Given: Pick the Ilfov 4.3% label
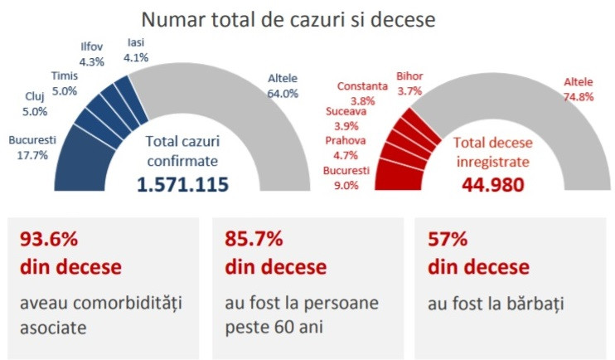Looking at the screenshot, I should [92, 54].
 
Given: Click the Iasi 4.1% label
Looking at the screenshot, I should [136, 50].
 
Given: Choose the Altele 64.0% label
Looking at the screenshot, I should [283, 86].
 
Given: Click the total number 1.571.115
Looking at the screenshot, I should [183, 184].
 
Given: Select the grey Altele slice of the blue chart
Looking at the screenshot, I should [249, 124].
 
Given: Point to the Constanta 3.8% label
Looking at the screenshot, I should [361, 93].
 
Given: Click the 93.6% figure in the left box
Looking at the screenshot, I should [48, 240].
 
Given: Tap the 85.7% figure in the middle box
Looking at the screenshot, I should [254, 240].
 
